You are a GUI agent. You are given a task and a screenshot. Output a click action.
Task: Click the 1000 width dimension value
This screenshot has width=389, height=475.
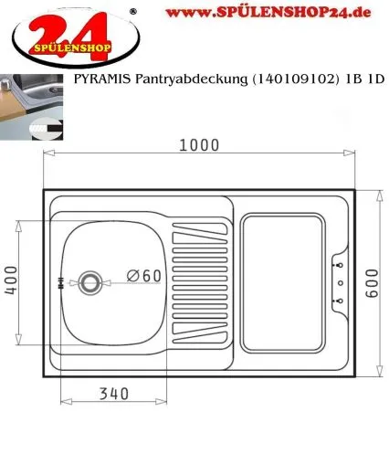tap(199, 145)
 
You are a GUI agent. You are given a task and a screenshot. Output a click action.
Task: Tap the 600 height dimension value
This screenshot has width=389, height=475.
tap(372, 283)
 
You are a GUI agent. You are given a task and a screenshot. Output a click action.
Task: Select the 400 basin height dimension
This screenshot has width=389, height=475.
tap(11, 280)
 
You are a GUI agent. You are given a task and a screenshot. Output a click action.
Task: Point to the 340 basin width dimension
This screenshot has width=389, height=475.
tap(114, 394)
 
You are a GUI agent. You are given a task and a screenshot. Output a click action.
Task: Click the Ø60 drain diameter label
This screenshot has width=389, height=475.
tap(144, 276)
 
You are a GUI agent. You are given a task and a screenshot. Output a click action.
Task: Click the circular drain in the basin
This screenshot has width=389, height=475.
tap(90, 283)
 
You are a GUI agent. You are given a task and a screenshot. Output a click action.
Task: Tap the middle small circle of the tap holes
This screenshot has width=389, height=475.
tap(341, 283)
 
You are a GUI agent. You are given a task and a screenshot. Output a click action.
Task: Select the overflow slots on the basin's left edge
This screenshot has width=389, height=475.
tap(61, 283)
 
